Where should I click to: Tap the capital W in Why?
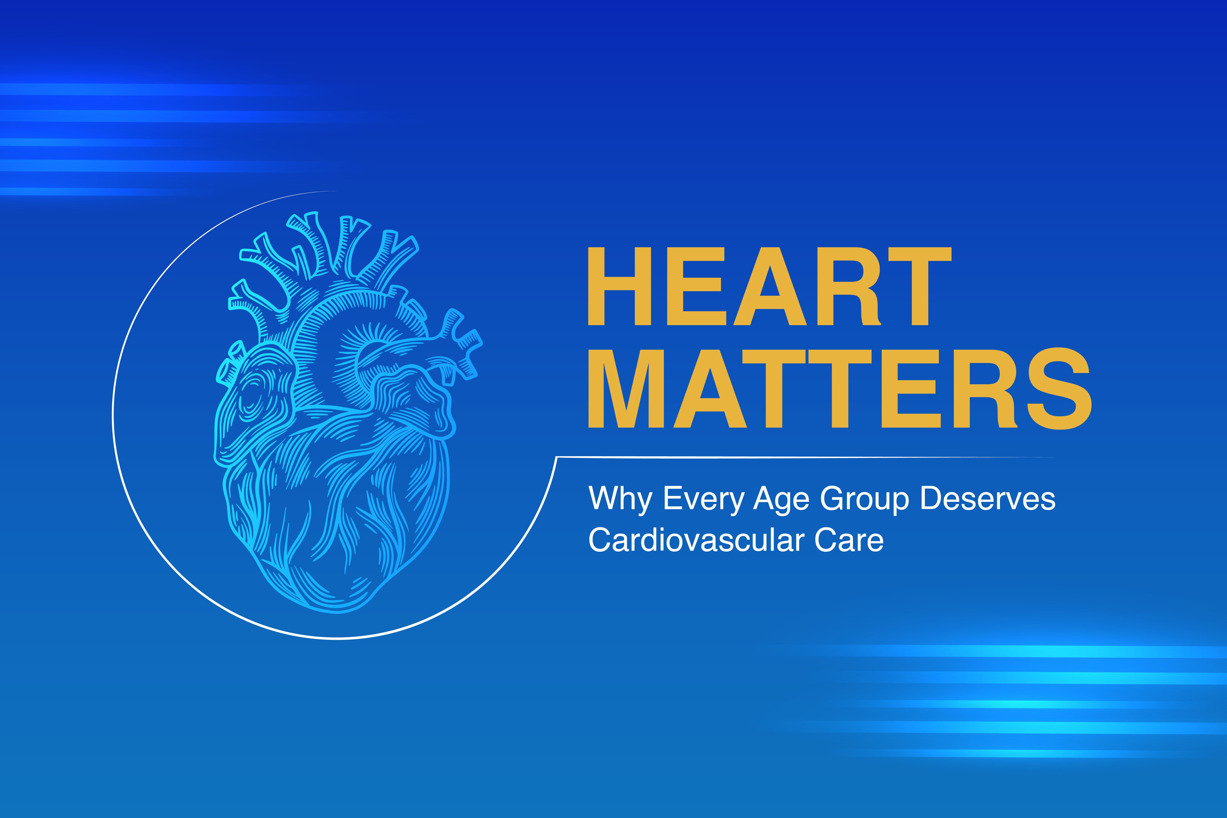coord(605,498)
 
